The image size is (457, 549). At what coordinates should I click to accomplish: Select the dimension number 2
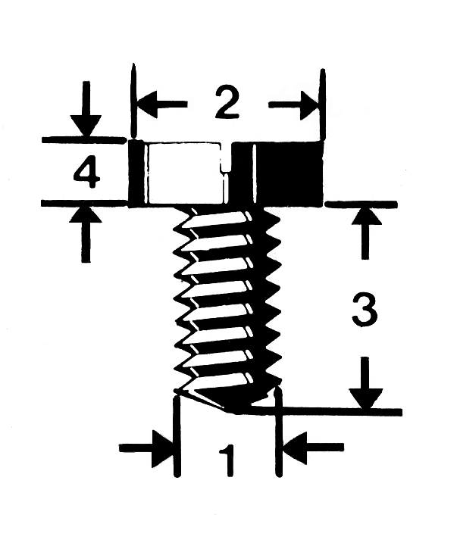(226, 105)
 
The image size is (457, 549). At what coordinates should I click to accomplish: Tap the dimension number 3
(364, 310)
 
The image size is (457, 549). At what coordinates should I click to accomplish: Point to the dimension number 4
(87, 174)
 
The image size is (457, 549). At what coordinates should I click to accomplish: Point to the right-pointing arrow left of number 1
(148, 448)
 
